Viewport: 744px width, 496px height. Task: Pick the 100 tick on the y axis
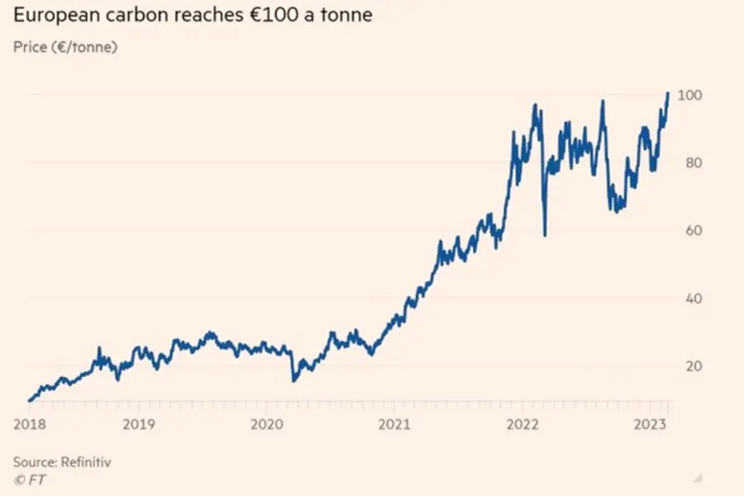coord(689,95)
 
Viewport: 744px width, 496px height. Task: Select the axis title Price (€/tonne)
coord(65,47)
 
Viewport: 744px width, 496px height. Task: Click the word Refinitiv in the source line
coord(83,462)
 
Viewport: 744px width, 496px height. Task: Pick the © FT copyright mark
coord(27,479)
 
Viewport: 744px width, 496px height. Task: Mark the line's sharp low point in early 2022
coord(545,235)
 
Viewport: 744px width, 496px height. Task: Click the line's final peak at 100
coord(668,94)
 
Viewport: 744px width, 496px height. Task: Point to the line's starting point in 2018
coord(29,401)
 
